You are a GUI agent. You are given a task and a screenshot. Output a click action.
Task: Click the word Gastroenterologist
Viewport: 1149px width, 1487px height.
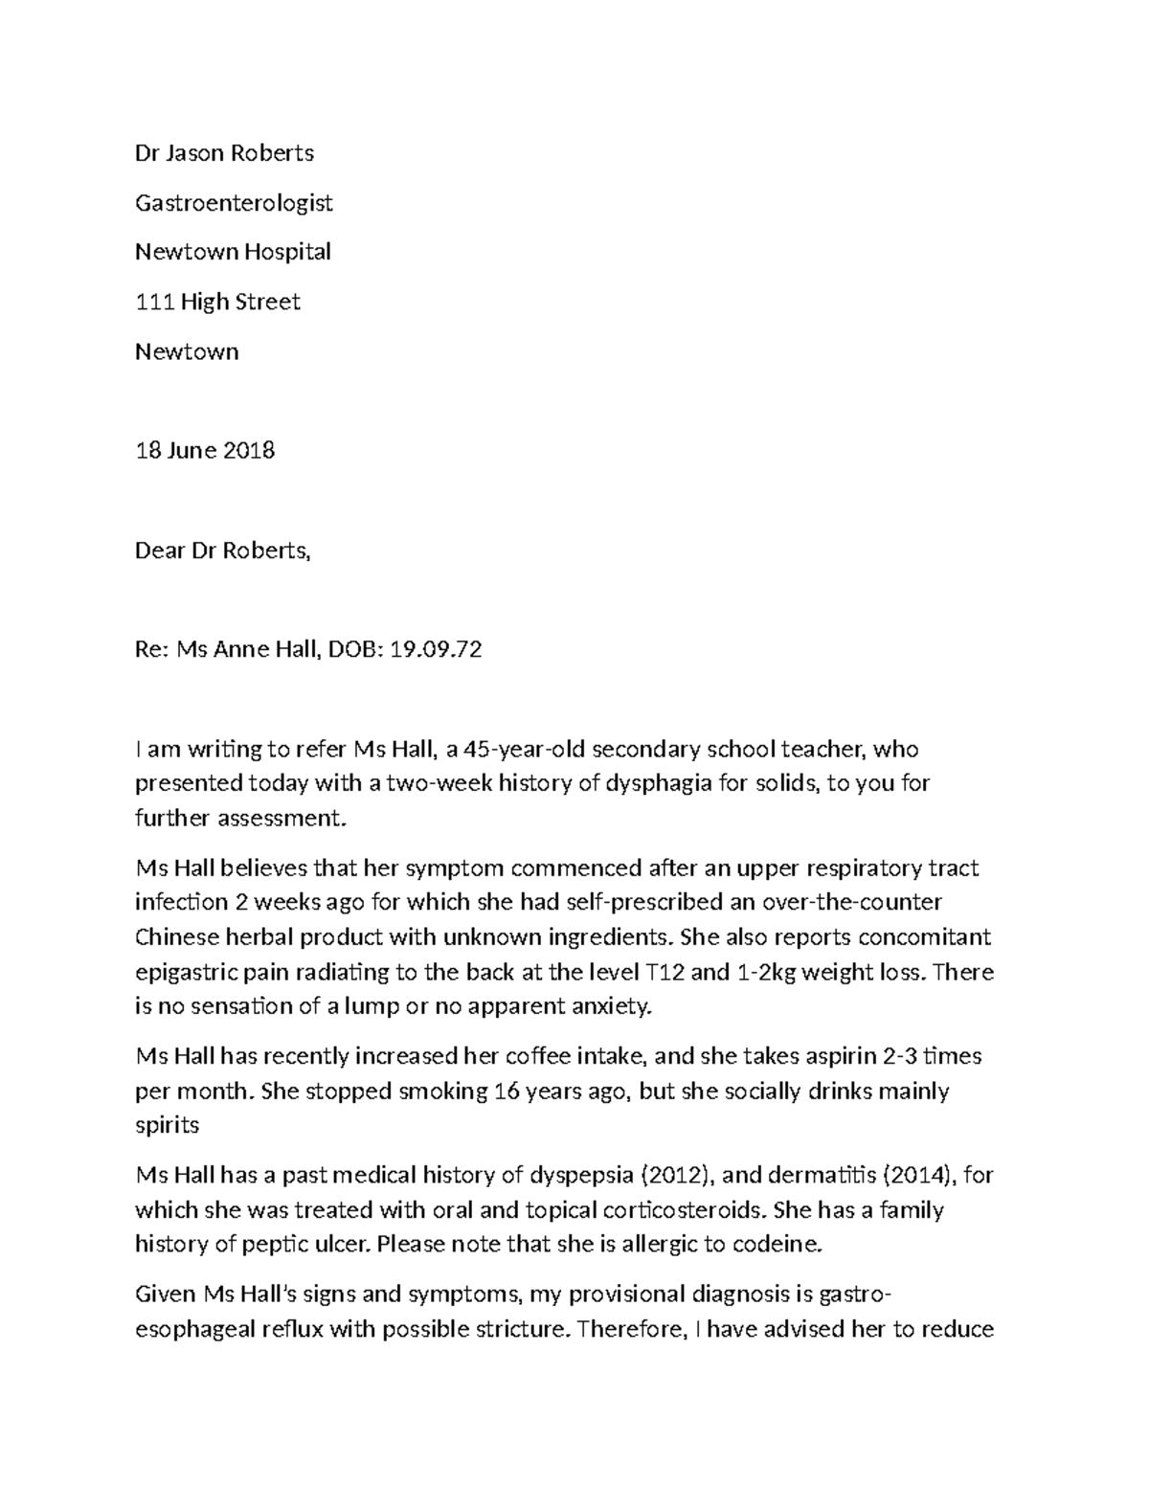click(234, 203)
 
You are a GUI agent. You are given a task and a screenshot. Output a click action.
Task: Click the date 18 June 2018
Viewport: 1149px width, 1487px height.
click(205, 450)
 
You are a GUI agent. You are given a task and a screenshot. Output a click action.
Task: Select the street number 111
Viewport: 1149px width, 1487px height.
click(154, 302)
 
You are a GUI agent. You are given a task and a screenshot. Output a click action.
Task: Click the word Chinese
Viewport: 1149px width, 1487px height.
click(172, 936)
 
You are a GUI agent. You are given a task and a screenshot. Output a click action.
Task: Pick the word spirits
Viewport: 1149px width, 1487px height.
click(167, 1125)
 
